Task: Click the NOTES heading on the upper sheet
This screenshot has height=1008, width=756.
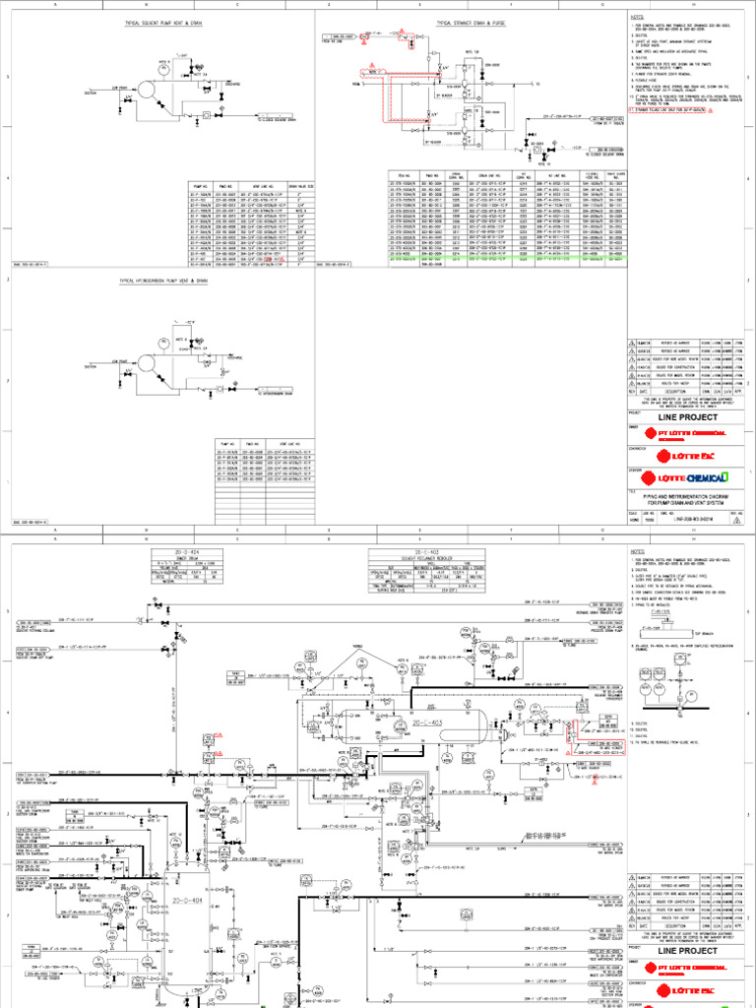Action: pyautogui.click(x=636, y=17)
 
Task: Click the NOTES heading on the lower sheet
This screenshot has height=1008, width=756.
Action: pyautogui.click(x=636, y=552)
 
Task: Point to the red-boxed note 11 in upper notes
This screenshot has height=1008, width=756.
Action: pyautogui.click(x=679, y=112)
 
